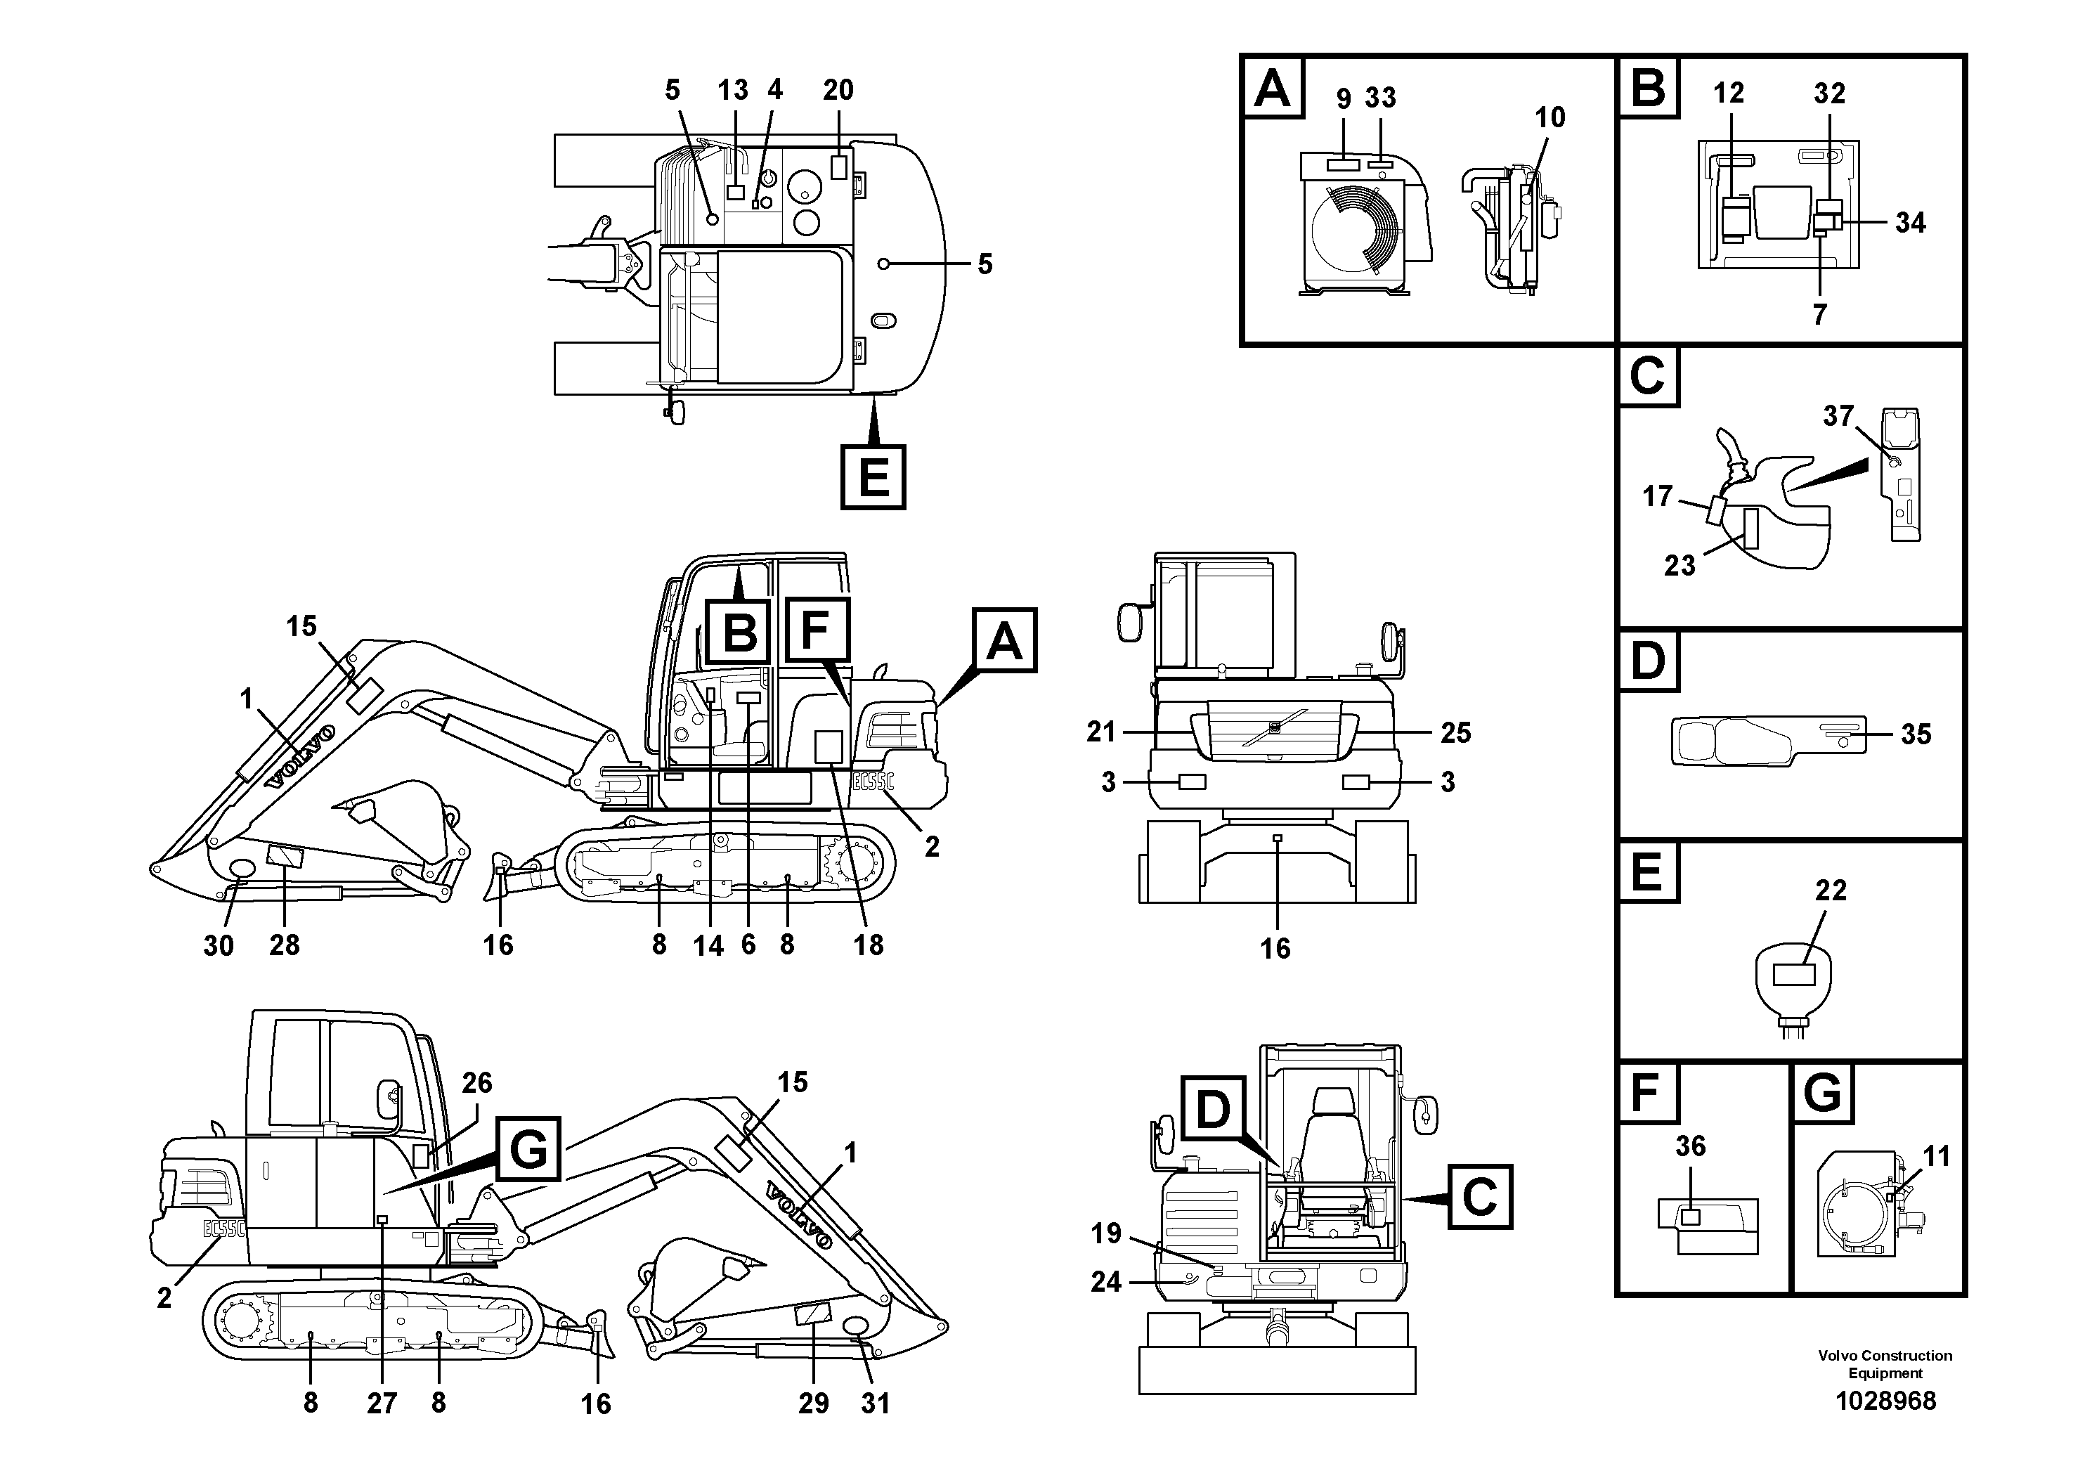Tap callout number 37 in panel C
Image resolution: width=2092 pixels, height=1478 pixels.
coord(1838,417)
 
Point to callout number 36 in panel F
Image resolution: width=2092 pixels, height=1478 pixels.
coord(1690,1146)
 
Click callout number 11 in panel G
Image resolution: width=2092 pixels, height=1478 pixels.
coord(1935,1156)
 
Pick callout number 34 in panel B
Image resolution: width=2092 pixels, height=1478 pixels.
coord(1910,222)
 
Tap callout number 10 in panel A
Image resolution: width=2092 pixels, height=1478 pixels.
coord(1550,117)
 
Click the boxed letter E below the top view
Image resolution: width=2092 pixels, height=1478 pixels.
coord(873,477)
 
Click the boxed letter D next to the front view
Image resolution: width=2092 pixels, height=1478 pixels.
coord(1213,1109)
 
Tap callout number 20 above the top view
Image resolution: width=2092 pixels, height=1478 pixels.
coord(838,90)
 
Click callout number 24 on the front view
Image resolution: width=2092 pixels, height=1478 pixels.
coord(1105,1282)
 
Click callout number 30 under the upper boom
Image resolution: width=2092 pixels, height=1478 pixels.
coord(218,946)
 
